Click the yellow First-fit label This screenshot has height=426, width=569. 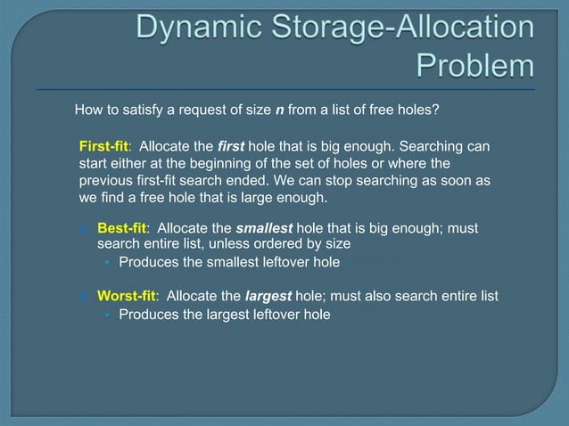[x=105, y=146]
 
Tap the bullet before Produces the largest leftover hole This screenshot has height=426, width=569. [x=106, y=315]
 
